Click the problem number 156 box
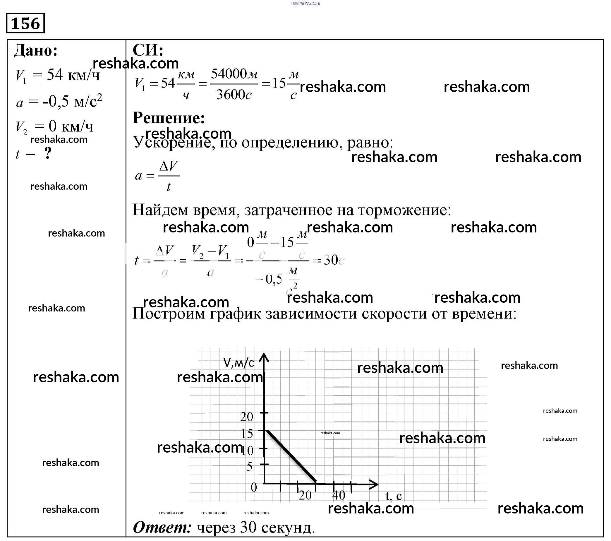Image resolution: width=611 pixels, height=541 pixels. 25,23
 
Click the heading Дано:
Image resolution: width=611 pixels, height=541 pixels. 36,50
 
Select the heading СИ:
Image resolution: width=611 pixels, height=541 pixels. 148,50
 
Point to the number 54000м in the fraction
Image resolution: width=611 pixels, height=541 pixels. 234,74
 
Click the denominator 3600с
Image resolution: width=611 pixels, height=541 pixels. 234,95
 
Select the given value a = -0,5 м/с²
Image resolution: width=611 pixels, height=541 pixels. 59,101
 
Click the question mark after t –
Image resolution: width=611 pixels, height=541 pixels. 48,154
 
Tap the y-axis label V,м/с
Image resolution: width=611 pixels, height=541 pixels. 239,363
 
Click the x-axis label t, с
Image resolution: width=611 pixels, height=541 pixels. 393,496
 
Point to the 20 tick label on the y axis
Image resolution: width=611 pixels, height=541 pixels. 247,417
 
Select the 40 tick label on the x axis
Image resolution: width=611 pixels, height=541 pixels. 339,496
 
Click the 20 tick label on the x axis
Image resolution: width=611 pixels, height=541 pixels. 305,496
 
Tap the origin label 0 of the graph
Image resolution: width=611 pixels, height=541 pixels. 254,487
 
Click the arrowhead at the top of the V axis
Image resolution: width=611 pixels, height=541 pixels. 264,357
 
